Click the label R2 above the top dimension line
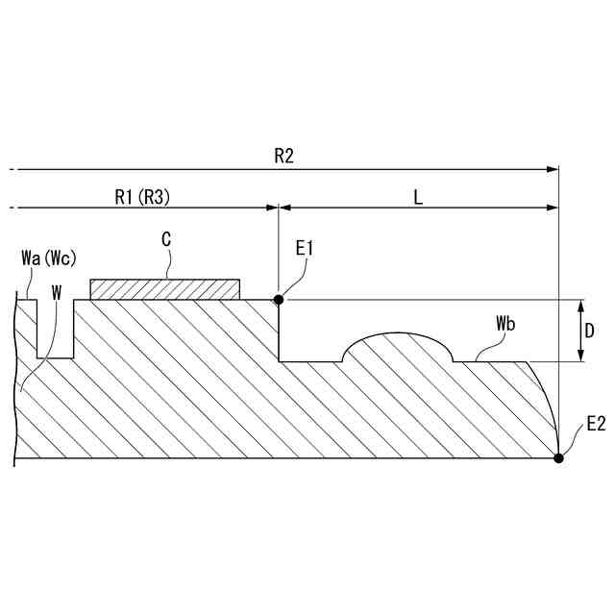pos(283,156)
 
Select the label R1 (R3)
pos(142,197)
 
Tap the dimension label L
pos(419,198)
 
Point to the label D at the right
pos(589,332)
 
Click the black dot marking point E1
pos(279,300)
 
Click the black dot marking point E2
pos(558,457)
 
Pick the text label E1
pos(305,248)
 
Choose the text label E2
pos(596,424)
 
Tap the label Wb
pos(505,324)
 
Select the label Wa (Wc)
pos(49,258)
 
